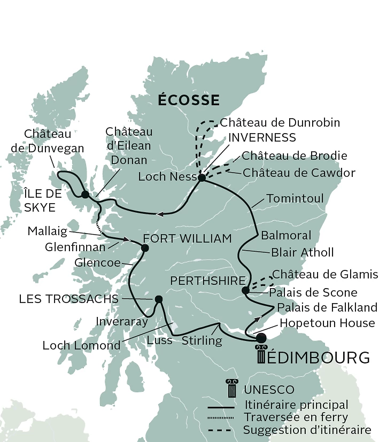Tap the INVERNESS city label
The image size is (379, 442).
262,137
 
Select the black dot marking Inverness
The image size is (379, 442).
202,178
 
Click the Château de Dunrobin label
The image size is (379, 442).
280,123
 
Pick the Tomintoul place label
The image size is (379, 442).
295,199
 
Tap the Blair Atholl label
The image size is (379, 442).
302,252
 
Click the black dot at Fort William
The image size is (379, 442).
144,247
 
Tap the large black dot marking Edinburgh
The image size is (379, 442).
260,338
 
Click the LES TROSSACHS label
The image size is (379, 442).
68,299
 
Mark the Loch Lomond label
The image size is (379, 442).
82,346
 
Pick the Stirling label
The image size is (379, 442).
202,340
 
